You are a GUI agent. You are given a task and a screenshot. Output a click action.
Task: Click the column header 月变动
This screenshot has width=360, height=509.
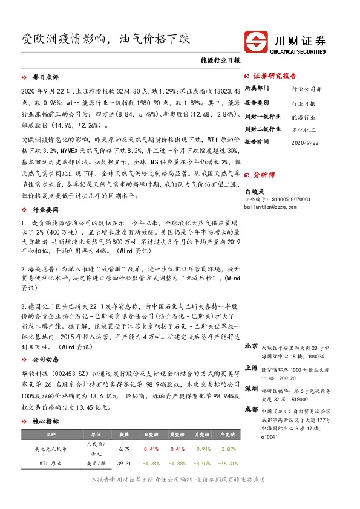201,434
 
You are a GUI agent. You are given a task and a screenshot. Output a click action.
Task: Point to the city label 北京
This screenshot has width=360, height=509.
252,347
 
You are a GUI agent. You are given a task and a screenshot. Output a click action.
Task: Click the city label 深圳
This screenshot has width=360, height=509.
252,387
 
